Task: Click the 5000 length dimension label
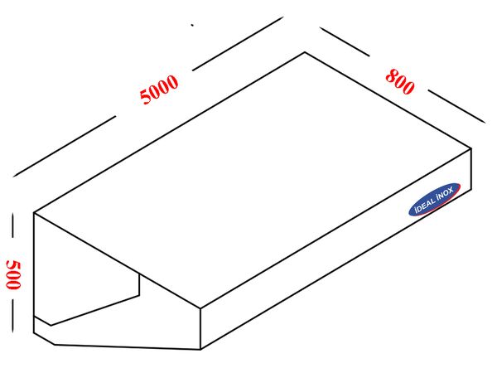(x=159, y=90)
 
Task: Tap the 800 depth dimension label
(x=400, y=81)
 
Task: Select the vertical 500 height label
(x=13, y=274)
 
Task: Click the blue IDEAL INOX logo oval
(x=435, y=200)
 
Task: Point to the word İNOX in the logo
(x=444, y=194)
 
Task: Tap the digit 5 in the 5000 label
(x=146, y=96)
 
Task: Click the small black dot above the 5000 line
(x=192, y=25)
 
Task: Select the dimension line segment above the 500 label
(x=13, y=225)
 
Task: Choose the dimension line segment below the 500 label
(x=13, y=315)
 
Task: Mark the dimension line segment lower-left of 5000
(x=65, y=146)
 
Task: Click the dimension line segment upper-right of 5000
(x=238, y=43)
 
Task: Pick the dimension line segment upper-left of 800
(x=345, y=41)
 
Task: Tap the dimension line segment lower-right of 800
(x=456, y=106)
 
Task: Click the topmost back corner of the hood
(x=305, y=52)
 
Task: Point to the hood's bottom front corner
(x=200, y=350)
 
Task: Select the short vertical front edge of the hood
(x=200, y=328)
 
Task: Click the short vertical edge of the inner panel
(x=139, y=284)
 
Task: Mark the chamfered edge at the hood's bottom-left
(x=44, y=339)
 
